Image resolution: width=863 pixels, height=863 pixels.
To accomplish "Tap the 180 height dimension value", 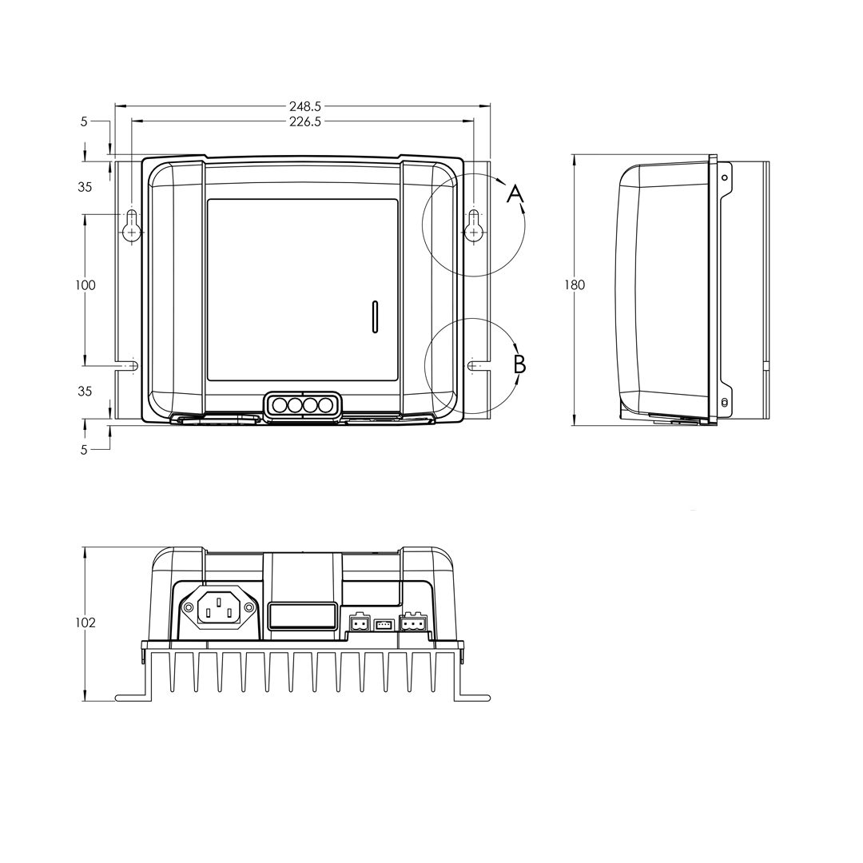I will pos(574,285).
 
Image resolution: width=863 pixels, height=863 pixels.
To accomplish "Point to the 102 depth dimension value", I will pos(85,622).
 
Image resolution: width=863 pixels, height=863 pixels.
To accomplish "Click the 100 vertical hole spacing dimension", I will pos(85,285).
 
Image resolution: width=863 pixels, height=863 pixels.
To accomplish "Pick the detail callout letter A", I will pos(515,193).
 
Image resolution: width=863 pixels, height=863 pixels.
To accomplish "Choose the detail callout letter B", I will pos(519,364).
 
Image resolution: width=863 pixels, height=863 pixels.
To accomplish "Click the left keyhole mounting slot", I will pos(132,226).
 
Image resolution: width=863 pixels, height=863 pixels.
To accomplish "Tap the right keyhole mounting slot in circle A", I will pos(474,226).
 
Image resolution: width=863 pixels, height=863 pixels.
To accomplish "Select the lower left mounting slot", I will pos(132,365).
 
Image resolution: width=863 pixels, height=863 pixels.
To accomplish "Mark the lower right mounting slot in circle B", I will pos(473,365).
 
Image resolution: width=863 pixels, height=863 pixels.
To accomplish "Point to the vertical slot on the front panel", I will pos(375,316).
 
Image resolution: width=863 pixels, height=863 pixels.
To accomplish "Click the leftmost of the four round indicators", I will pos(280,405).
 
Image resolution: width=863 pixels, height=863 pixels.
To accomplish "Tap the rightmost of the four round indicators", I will pos(325,405).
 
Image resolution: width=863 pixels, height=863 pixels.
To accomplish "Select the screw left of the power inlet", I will pos(188,608).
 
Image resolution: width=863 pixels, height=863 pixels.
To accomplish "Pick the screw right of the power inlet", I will pos(249,608).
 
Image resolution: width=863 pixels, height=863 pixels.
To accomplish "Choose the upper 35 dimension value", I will pos(85,187).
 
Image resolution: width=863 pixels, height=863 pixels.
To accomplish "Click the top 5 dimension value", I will pos(84,121).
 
